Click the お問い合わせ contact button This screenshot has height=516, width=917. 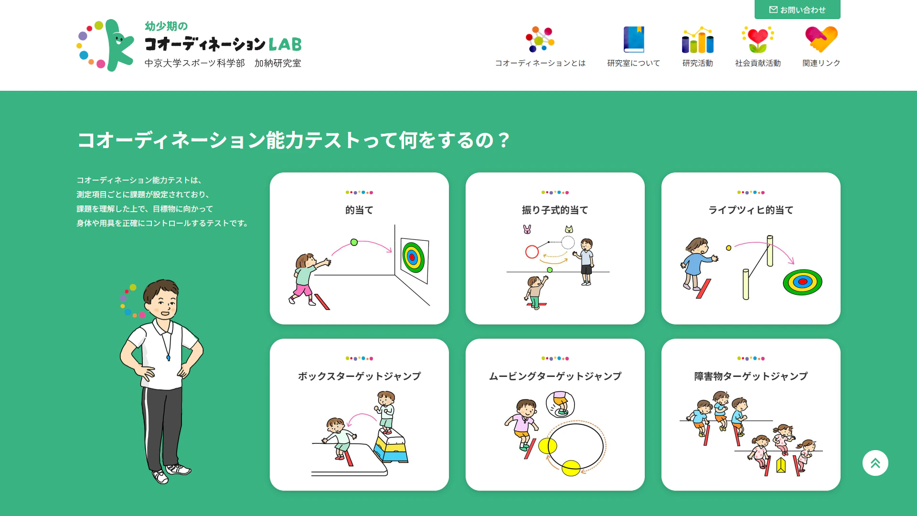[x=797, y=10]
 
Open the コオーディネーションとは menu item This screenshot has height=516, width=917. [x=540, y=63]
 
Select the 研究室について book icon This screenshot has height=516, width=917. [x=634, y=39]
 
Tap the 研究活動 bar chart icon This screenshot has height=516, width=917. [x=698, y=40]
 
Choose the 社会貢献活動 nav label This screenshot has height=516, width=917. [x=758, y=63]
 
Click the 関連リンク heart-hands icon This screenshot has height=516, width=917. [x=821, y=39]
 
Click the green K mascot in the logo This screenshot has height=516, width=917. [x=118, y=45]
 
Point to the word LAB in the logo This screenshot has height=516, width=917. [x=285, y=44]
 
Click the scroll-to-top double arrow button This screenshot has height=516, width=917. [x=875, y=463]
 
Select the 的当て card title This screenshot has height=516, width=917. [x=359, y=210]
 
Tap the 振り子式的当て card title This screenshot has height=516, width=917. [x=555, y=210]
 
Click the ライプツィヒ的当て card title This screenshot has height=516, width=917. [x=751, y=210]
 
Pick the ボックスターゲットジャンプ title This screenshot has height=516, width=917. [x=359, y=376]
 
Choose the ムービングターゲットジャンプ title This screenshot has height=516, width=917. [x=555, y=376]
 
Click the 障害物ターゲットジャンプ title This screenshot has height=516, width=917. [x=751, y=376]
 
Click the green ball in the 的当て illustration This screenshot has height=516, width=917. [x=354, y=242]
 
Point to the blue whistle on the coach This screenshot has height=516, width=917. [x=168, y=357]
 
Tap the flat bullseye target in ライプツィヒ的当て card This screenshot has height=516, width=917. [x=802, y=282]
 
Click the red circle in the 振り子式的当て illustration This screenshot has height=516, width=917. [x=532, y=252]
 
